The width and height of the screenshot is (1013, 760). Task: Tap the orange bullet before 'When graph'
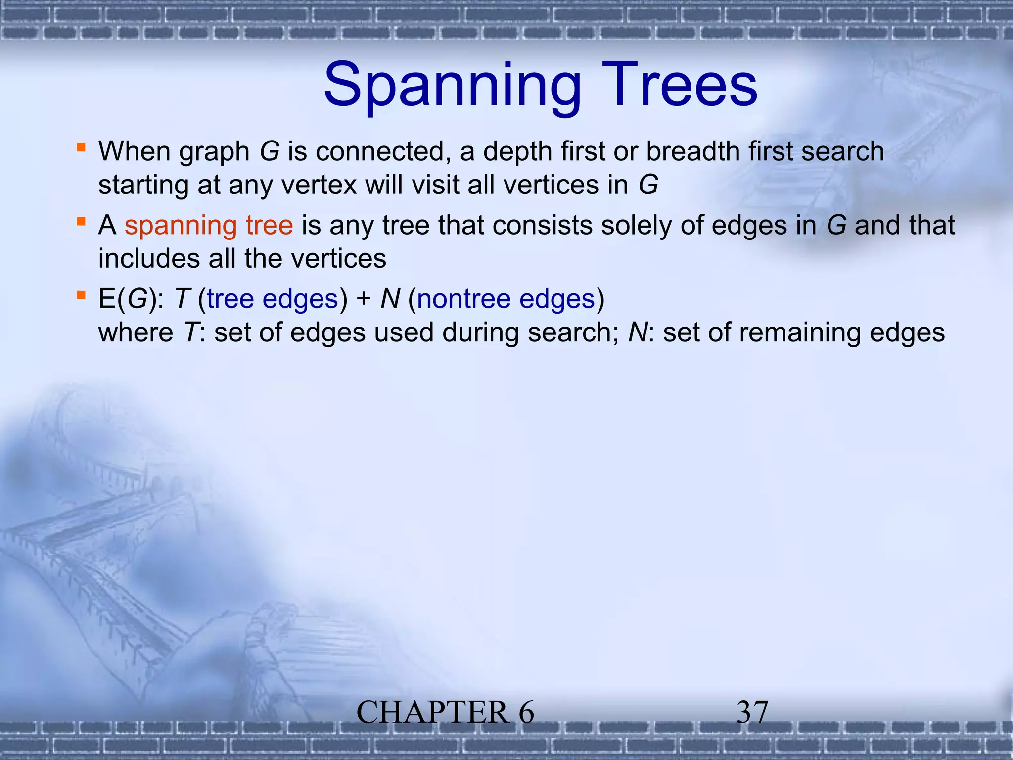tap(81, 147)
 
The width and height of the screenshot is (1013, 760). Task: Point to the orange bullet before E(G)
tap(81, 295)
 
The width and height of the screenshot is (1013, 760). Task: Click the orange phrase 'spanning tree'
tap(208, 226)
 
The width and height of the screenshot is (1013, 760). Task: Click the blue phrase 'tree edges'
tap(273, 299)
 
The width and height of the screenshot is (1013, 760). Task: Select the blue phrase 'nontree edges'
tap(506, 299)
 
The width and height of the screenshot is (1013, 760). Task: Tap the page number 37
tap(752, 712)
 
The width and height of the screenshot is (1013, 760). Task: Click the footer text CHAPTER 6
tap(445, 712)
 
